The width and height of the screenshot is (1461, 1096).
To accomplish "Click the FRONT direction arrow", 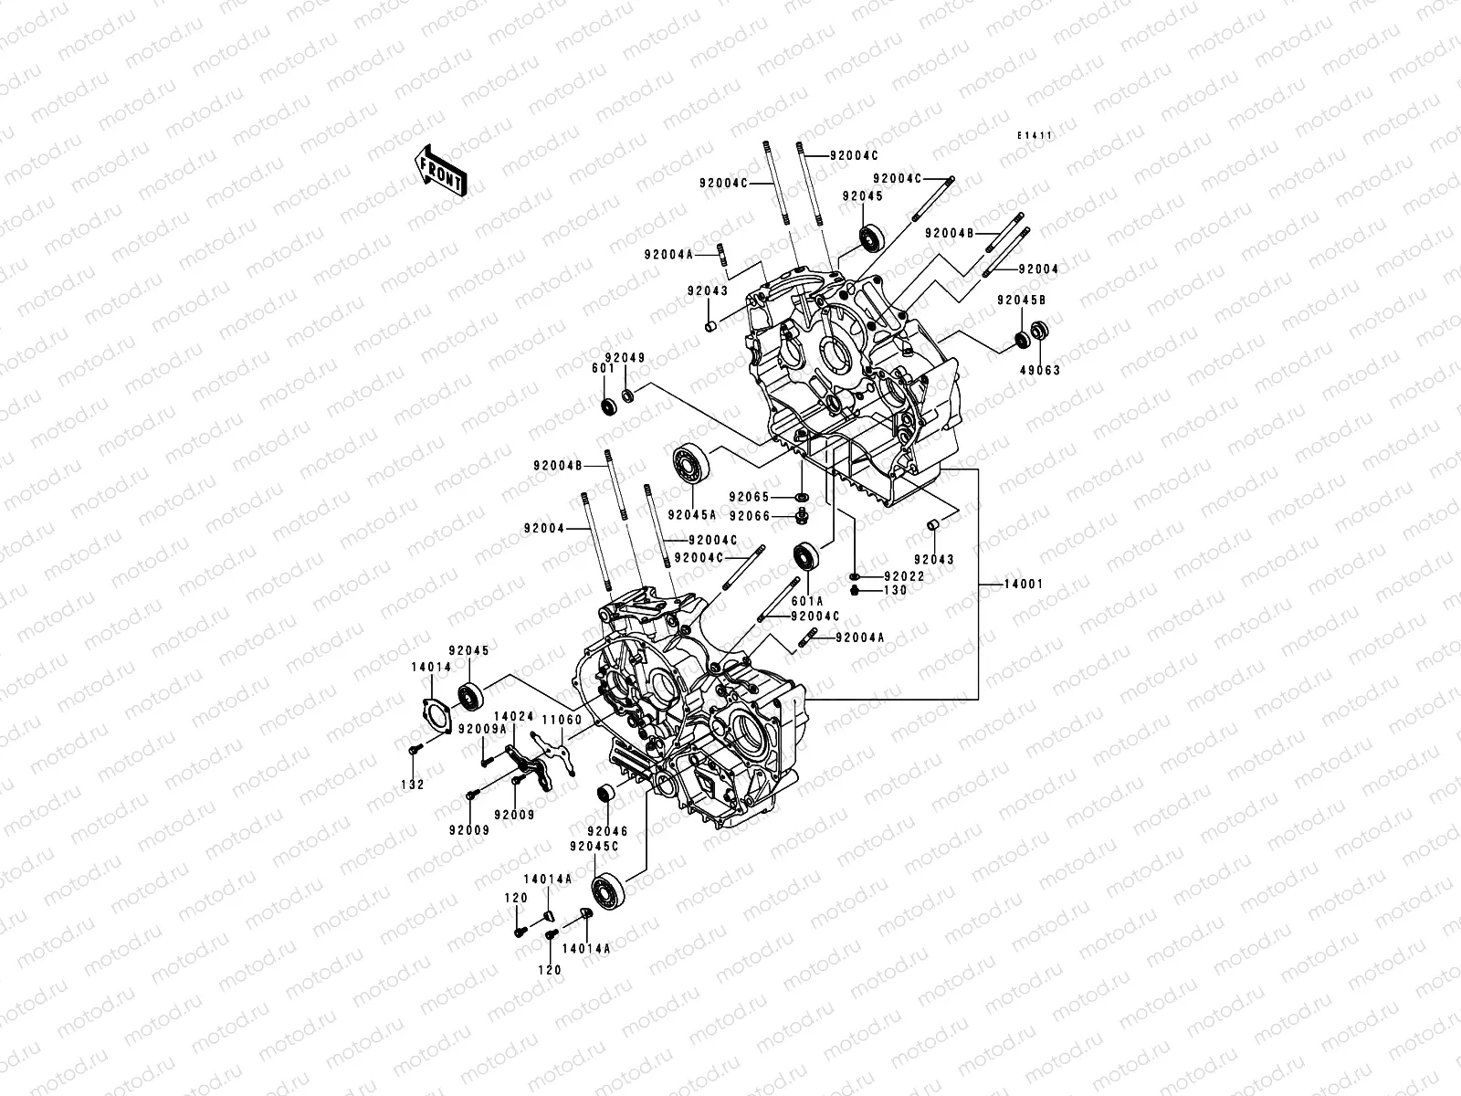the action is tap(440, 171).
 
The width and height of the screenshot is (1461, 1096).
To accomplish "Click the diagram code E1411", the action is tap(1035, 135).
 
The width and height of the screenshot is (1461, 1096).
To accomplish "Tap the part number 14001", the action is tap(1024, 584).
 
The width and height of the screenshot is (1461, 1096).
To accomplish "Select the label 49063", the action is tap(1040, 370).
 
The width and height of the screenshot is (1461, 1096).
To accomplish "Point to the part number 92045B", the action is tap(1022, 300).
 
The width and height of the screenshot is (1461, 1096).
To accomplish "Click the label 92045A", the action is tap(692, 514).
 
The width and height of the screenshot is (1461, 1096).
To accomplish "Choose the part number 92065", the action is tap(749, 497).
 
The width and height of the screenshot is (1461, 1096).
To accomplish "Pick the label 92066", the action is tap(750, 516).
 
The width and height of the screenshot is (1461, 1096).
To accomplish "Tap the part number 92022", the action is tap(905, 576).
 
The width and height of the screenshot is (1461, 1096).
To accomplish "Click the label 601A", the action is tap(807, 601).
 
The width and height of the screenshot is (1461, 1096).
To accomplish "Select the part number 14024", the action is tap(514, 716).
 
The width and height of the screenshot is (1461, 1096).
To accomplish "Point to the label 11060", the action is tap(562, 720).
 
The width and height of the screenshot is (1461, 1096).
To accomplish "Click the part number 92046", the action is tap(608, 831).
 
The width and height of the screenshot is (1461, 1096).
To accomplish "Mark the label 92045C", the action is tap(594, 846).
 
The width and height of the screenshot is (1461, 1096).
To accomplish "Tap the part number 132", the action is tap(413, 785).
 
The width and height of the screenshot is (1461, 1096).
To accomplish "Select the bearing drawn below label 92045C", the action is tap(608, 890).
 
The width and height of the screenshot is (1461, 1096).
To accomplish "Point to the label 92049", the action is tap(625, 358).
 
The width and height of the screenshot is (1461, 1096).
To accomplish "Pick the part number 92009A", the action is tap(482, 729).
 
